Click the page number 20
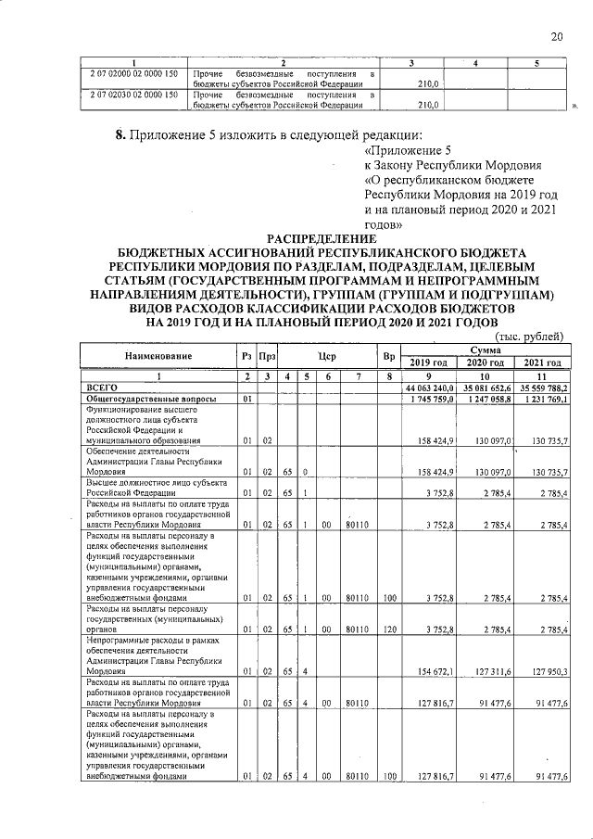pyautogui.click(x=557, y=37)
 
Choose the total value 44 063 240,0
pyautogui.click(x=429, y=388)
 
